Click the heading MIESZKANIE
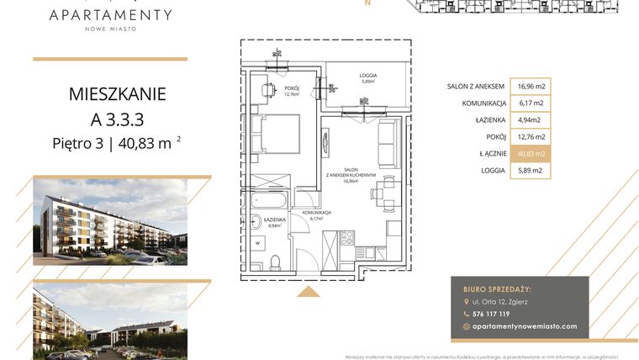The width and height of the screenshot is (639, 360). (117, 93)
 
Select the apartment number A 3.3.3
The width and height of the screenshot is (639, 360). (117, 118)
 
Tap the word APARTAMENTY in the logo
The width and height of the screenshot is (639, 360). (110, 14)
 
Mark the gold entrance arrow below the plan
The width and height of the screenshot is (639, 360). (309, 291)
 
